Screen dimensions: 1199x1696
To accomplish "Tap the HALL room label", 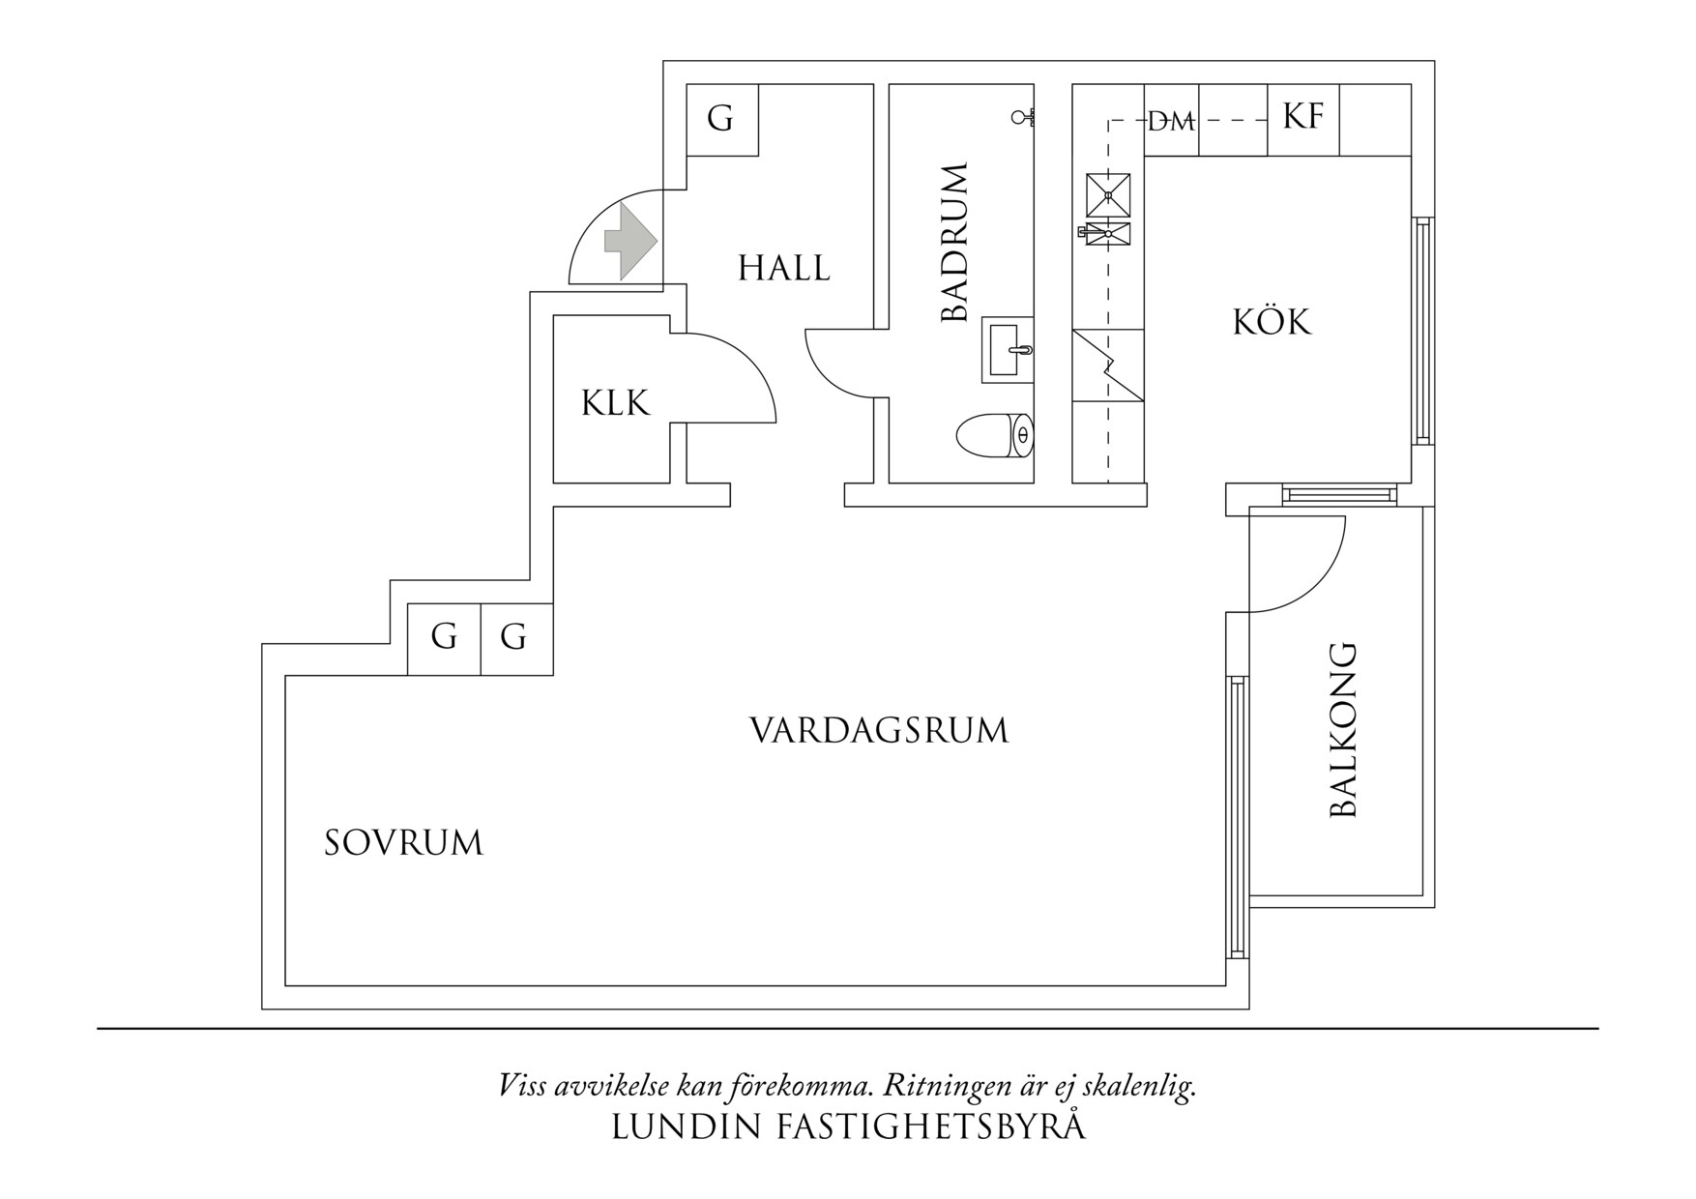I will pos(783,268).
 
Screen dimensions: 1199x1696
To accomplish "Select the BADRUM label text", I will pos(954,243).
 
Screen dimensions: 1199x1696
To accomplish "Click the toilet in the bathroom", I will pos(994,435).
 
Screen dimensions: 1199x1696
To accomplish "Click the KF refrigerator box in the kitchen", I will pos(1302,119).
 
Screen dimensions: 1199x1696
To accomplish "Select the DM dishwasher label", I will pos(1171,122).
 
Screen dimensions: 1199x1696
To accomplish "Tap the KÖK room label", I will pos(1272,321).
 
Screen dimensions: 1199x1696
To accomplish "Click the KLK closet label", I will pos(615,402).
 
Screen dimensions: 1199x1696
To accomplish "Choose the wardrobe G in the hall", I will pos(720,119).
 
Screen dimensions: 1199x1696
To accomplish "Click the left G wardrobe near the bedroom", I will pos(444,637).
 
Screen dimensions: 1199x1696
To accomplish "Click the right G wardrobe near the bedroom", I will pos(514,637).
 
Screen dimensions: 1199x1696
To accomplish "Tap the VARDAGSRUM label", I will pos(879,730).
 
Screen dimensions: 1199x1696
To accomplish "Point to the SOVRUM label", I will pos(403,843).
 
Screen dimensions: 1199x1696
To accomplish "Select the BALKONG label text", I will pos(1344,730).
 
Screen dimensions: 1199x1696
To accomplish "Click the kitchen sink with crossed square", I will pos(1108,195).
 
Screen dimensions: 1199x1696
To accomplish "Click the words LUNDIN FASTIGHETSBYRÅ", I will pos(848,1127).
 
